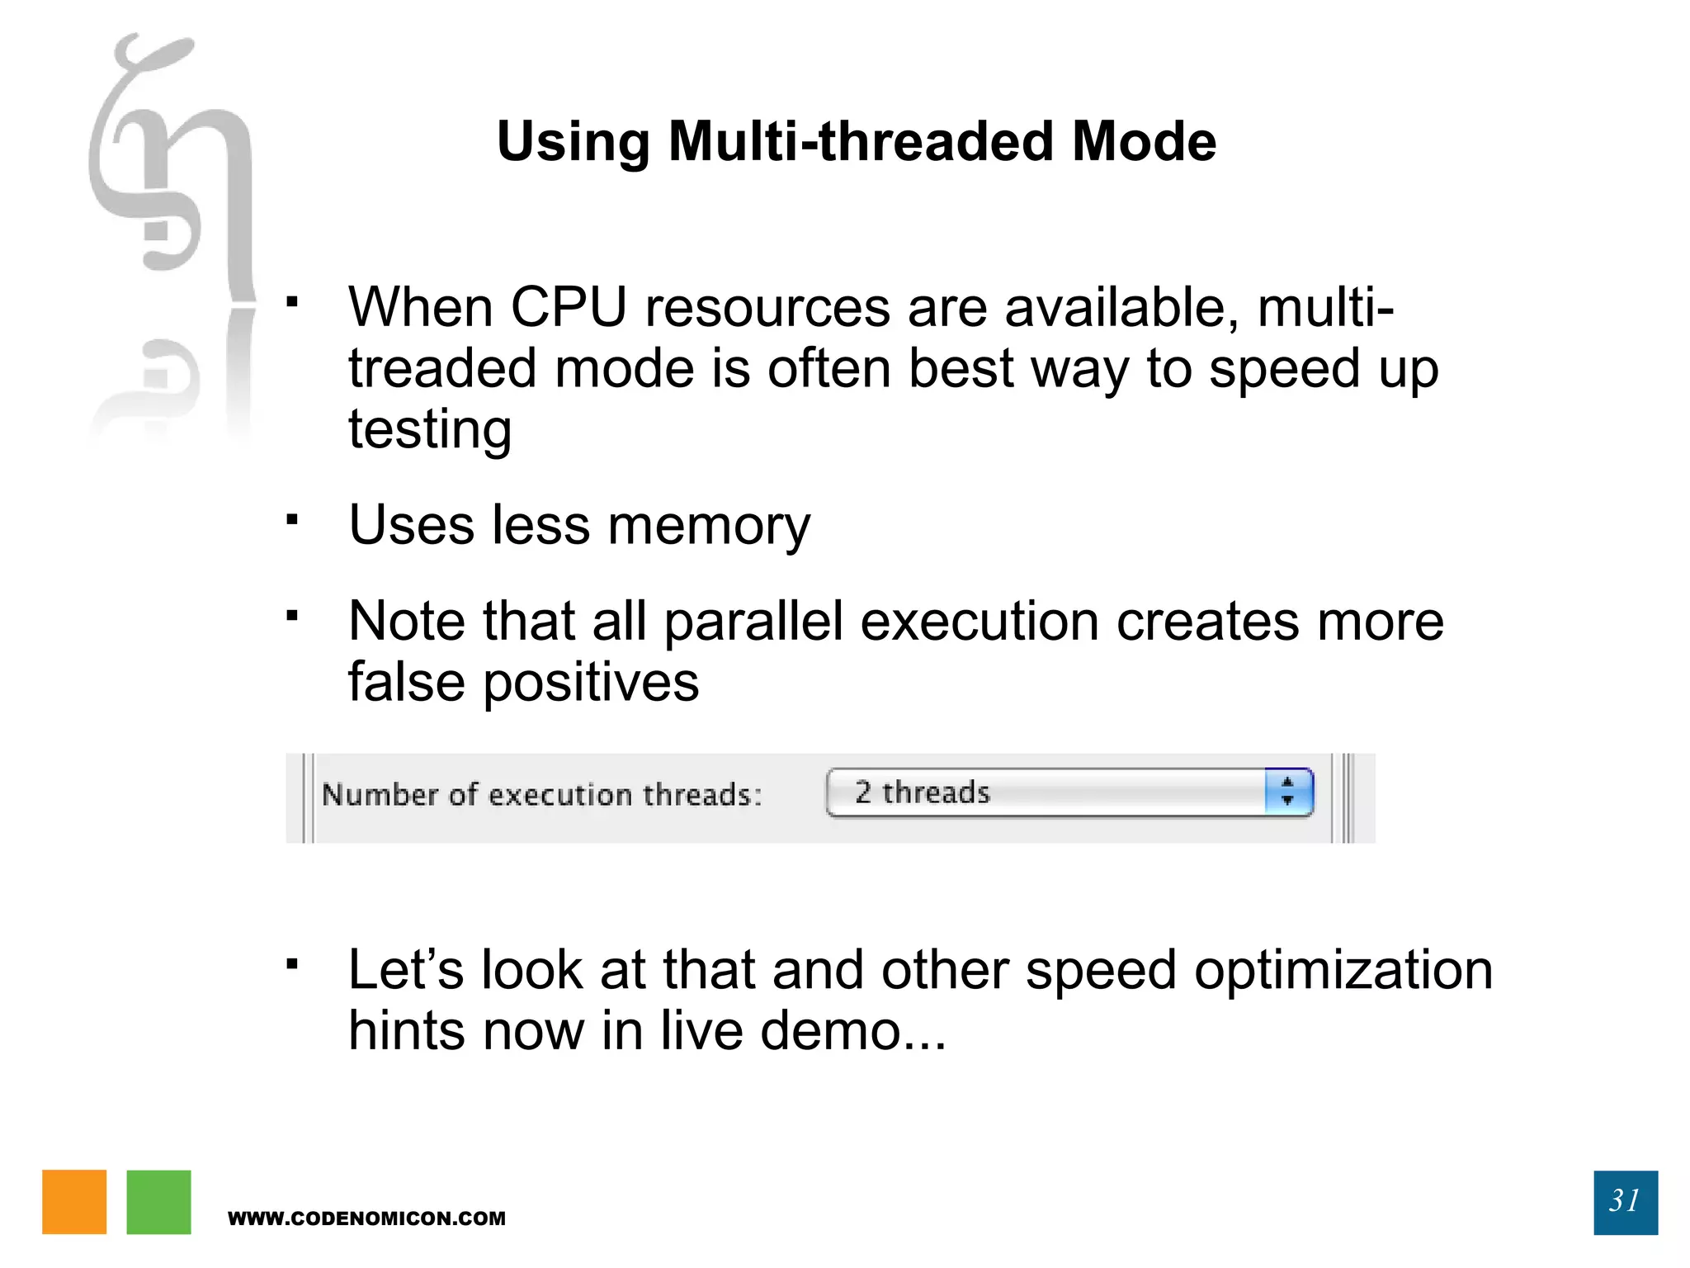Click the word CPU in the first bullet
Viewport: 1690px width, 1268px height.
point(569,308)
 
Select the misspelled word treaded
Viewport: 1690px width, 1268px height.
point(441,369)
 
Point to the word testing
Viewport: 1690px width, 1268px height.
point(430,430)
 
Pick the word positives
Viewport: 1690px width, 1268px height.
point(591,683)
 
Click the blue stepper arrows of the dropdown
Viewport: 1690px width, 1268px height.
point(1287,792)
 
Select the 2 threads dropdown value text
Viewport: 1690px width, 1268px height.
point(922,792)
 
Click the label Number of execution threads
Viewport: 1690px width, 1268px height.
point(541,795)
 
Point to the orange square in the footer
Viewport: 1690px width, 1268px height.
point(74,1202)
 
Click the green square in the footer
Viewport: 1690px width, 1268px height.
point(158,1202)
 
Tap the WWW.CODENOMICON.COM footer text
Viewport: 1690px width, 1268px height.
point(366,1218)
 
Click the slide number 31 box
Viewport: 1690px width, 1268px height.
point(1625,1202)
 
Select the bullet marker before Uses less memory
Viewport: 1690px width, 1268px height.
point(291,520)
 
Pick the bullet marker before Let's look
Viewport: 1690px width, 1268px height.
point(291,963)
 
